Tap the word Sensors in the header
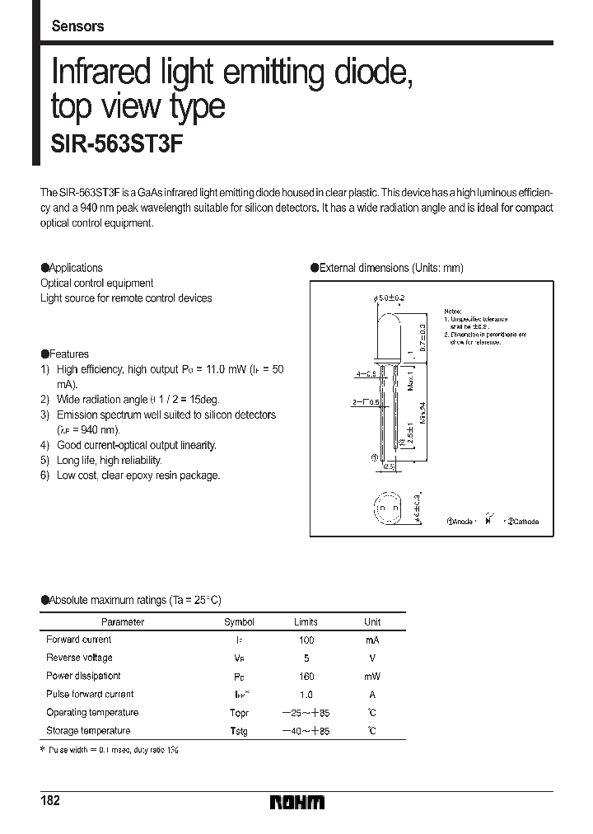pyautogui.click(x=77, y=26)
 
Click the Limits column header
pyautogui.click(x=306, y=622)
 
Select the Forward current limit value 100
pyautogui.click(x=306, y=640)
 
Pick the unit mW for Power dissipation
pyautogui.click(x=372, y=677)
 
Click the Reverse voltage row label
pyautogui.click(x=79, y=658)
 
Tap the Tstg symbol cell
pyautogui.click(x=238, y=731)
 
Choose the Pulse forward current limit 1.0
pyautogui.click(x=306, y=695)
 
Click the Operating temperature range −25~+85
pyautogui.click(x=306, y=713)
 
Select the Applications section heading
pyautogui.click(x=72, y=268)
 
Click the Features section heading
pyautogui.click(x=65, y=354)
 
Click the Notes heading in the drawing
pyautogui.click(x=453, y=304)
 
